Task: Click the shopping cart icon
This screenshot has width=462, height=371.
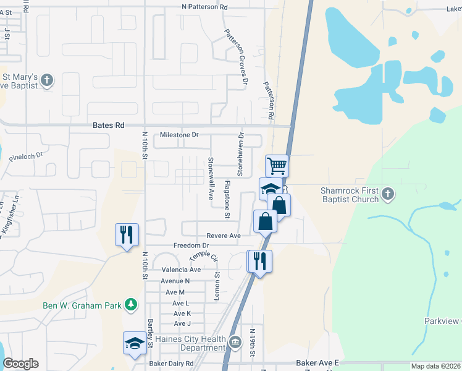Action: click(x=277, y=166)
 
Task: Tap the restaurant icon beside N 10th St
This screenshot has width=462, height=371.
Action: click(x=127, y=235)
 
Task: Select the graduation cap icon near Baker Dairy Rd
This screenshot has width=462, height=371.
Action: click(x=135, y=343)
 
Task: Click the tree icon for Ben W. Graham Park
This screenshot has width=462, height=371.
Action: click(x=130, y=304)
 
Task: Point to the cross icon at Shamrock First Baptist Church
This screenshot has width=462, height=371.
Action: click(x=387, y=195)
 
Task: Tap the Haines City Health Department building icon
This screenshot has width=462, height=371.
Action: click(x=235, y=342)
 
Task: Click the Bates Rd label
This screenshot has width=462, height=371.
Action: click(x=109, y=126)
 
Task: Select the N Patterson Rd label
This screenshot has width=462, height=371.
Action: click(x=205, y=7)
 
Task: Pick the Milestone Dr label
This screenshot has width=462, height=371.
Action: click(x=179, y=135)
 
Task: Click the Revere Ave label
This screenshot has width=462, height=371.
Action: click(x=224, y=236)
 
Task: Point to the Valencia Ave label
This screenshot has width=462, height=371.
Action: click(x=181, y=270)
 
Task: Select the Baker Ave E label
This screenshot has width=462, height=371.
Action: click(x=317, y=363)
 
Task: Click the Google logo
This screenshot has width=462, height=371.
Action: click(x=20, y=364)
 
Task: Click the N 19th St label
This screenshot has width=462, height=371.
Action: click(x=253, y=343)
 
